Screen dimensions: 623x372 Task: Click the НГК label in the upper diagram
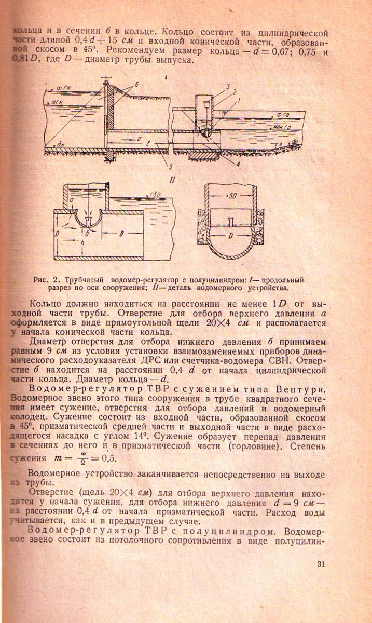tap(57, 103)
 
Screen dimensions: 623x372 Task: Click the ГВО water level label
tap(154, 195)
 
